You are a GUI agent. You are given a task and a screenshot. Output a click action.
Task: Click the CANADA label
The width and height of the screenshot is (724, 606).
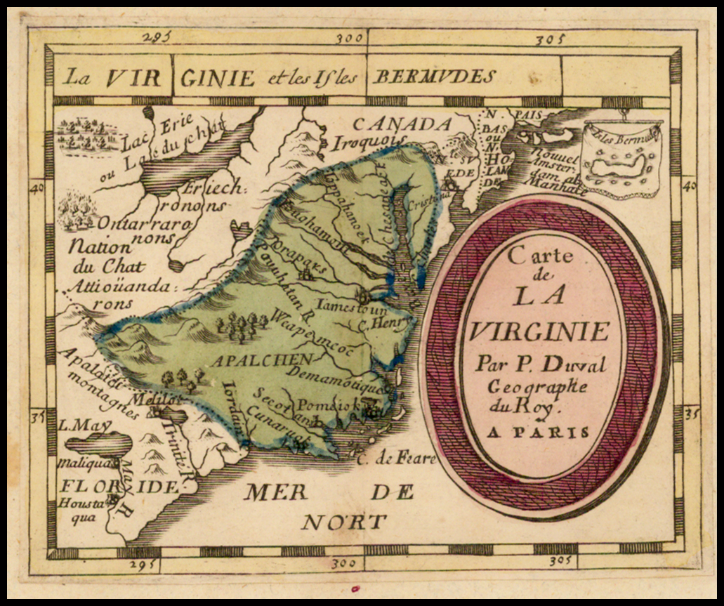(402, 124)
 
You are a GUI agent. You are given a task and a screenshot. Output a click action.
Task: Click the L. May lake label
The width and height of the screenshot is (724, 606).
(76, 425)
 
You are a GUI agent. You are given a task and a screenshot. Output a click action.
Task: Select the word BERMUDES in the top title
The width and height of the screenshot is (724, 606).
(433, 77)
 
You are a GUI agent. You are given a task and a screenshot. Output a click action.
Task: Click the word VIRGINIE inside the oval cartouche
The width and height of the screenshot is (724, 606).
(539, 330)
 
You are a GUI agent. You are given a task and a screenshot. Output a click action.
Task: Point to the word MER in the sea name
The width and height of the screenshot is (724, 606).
(275, 492)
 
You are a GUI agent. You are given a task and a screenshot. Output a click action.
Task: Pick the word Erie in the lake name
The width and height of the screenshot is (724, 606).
(181, 129)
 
